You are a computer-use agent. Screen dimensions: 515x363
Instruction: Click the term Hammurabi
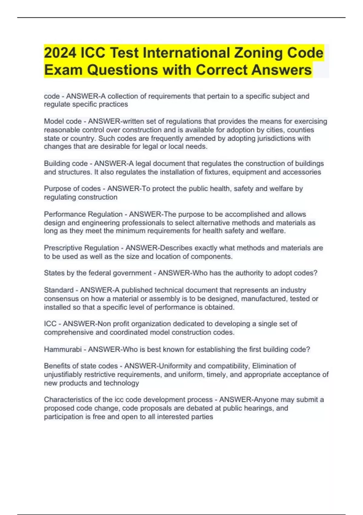click(x=63, y=349)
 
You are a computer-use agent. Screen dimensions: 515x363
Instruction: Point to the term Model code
click(x=63, y=121)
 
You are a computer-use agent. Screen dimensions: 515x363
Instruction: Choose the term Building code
click(x=66, y=164)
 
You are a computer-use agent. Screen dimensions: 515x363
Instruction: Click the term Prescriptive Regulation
click(x=81, y=248)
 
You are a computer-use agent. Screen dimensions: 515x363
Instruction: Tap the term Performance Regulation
click(x=83, y=214)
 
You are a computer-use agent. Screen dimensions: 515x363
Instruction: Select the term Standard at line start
click(x=59, y=290)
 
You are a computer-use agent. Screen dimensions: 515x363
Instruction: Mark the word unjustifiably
click(x=63, y=375)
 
